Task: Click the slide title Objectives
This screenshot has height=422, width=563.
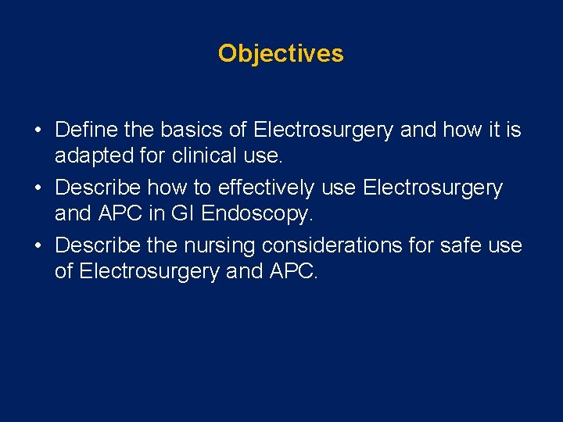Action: [281, 53]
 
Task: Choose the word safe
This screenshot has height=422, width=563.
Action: [455, 246]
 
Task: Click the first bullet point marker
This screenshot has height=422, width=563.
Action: [38, 131]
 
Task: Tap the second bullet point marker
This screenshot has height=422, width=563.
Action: [38, 188]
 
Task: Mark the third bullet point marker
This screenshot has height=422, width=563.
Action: [38, 246]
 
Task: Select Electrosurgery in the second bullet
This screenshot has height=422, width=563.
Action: [433, 188]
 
